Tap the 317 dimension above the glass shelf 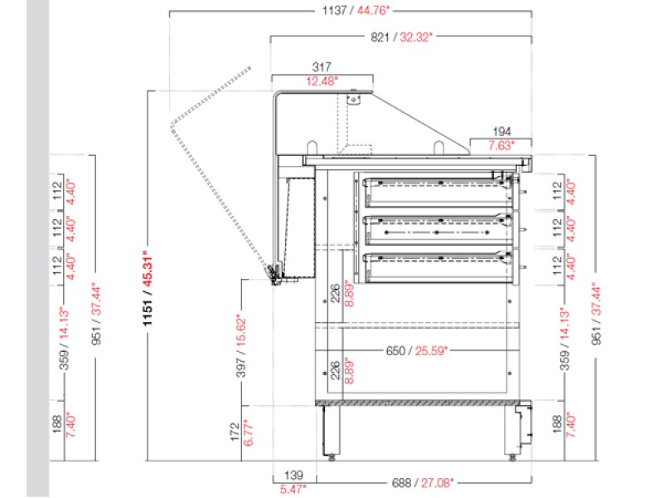[322, 66]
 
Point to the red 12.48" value [322, 81]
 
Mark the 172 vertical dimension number [235, 432]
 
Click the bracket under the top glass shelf [355, 97]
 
